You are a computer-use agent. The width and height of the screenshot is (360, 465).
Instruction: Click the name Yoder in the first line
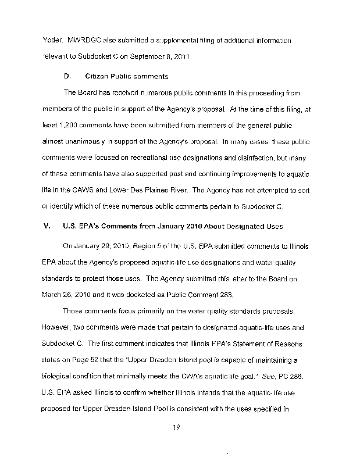[52, 42]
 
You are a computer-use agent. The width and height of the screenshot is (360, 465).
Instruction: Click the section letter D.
[66, 76]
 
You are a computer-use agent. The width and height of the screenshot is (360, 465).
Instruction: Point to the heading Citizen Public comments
[127, 76]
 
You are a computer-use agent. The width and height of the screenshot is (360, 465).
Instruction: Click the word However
[59, 327]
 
